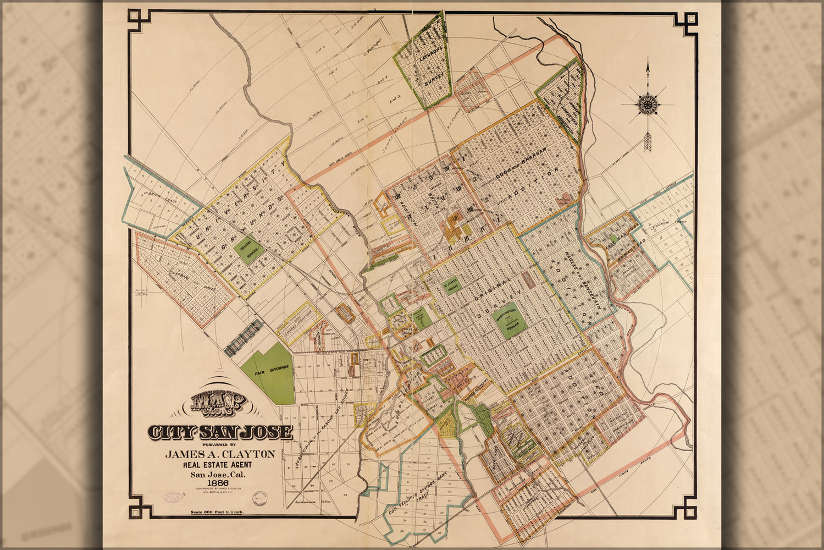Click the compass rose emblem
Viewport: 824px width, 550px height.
[x=648, y=103]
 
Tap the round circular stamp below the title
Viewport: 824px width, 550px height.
[x=260, y=499]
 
